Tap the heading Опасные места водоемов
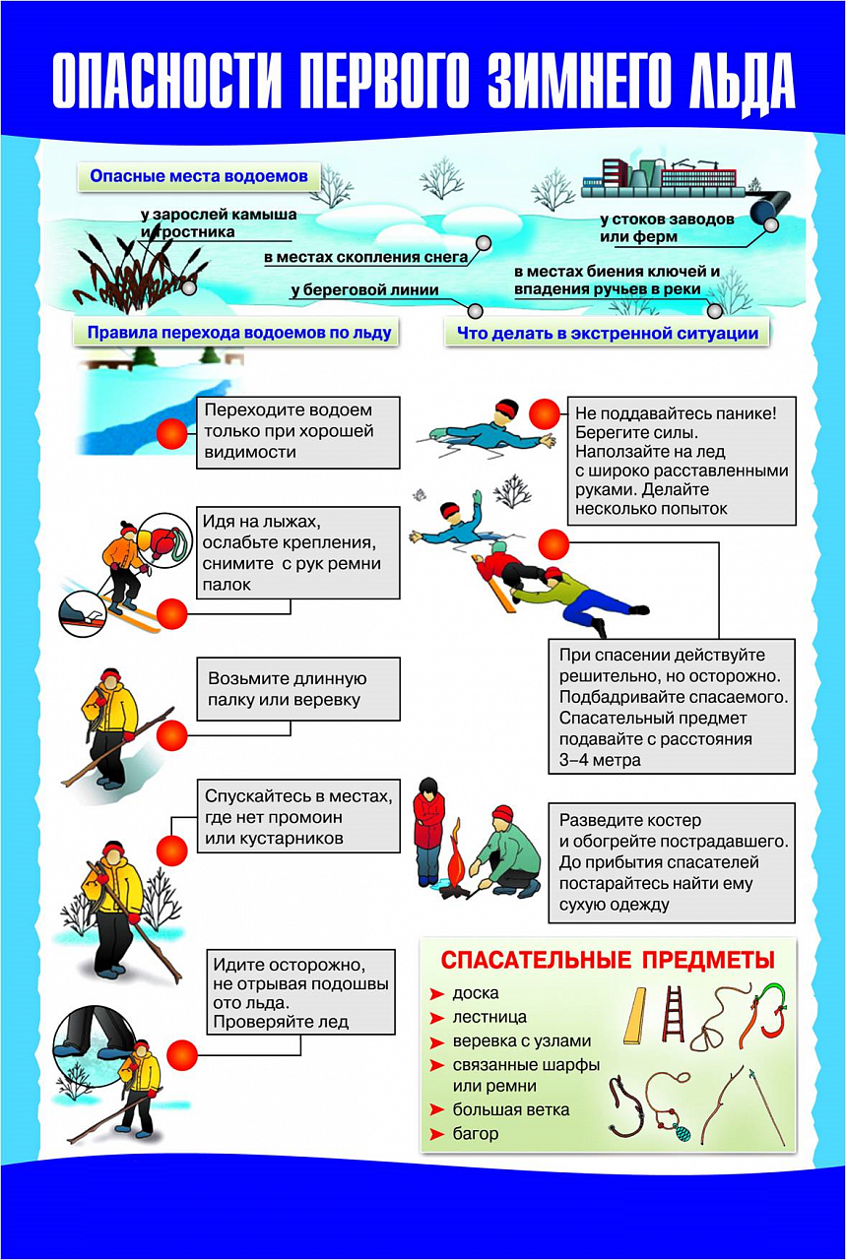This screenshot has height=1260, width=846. click(199, 177)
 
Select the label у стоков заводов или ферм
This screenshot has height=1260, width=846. click(667, 227)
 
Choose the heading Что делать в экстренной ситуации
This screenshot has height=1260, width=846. click(607, 334)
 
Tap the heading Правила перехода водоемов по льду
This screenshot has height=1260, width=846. click(239, 333)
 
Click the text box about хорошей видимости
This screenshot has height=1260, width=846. click(298, 431)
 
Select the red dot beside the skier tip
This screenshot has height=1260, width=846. click(172, 614)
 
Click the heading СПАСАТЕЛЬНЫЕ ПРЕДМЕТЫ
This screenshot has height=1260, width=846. click(607, 960)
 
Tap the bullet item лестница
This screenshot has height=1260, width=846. click(489, 1017)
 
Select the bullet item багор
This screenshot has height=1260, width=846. click(476, 1133)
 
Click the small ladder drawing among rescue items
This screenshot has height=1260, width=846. click(675, 1014)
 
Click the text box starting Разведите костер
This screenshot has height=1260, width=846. click(672, 862)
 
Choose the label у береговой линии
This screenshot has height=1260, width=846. click(364, 290)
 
